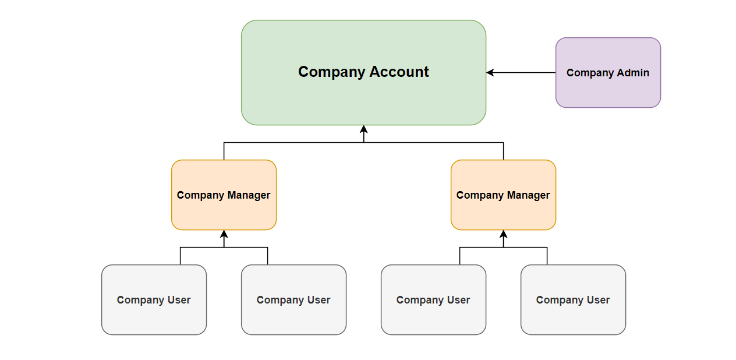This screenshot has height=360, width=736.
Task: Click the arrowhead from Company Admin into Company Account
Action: click(x=490, y=73)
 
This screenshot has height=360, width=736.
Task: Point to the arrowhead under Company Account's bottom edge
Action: click(x=363, y=129)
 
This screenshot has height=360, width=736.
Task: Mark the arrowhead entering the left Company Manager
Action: click(x=224, y=234)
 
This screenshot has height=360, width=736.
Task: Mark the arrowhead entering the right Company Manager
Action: click(x=503, y=234)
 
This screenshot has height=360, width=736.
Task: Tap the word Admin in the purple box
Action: click(x=634, y=73)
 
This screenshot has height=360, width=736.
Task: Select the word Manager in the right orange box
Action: click(x=528, y=195)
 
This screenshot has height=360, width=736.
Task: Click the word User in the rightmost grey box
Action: click(x=599, y=300)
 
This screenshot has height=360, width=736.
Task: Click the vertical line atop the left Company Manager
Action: click(x=224, y=151)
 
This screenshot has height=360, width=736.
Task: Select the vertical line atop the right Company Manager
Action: click(x=503, y=151)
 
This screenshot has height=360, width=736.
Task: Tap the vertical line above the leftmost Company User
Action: click(x=180, y=256)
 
